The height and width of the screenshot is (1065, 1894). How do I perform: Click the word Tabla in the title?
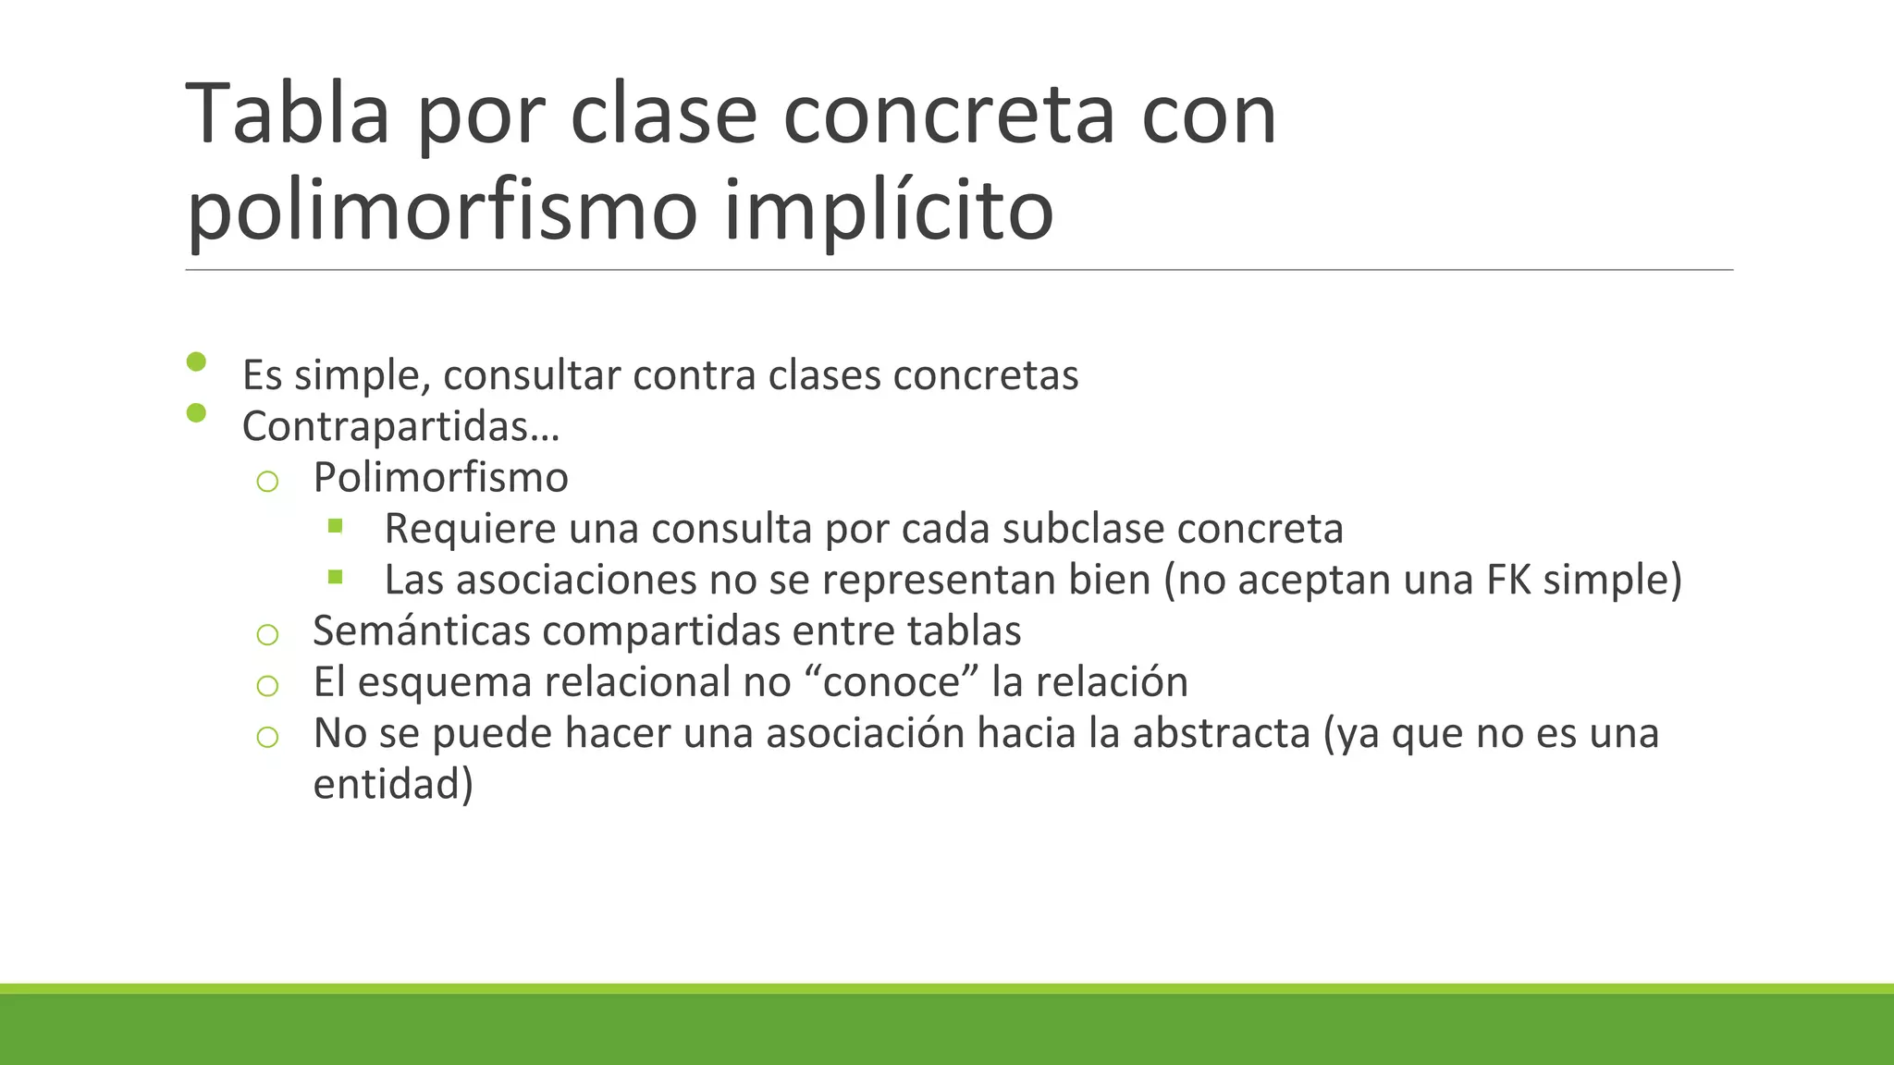288,115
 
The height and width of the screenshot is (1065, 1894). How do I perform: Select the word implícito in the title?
888,211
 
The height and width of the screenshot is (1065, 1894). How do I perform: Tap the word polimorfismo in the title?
442,211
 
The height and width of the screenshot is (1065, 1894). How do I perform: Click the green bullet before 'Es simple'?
196,361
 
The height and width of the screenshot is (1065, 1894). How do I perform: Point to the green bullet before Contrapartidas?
196,412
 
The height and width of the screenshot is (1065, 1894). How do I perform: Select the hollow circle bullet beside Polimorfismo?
267,481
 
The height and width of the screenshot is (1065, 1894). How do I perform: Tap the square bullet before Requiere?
335,527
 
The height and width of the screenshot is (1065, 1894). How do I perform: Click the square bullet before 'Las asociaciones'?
335,578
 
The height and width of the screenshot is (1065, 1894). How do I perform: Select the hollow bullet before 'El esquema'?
267,685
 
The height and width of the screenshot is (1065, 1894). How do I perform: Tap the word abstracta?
1221,733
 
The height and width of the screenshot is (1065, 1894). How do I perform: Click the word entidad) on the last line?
393,784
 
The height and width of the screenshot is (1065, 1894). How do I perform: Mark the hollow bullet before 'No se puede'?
267,737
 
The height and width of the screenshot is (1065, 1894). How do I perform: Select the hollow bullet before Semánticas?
267,634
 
